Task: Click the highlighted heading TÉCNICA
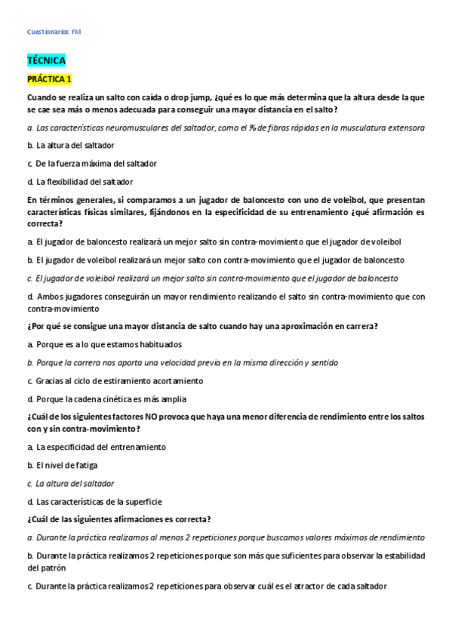point(47,60)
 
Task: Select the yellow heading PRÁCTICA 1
point(50,78)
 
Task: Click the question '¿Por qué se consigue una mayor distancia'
point(202,326)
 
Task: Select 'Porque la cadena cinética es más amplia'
point(110,398)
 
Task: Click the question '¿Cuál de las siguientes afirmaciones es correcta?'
point(118,519)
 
